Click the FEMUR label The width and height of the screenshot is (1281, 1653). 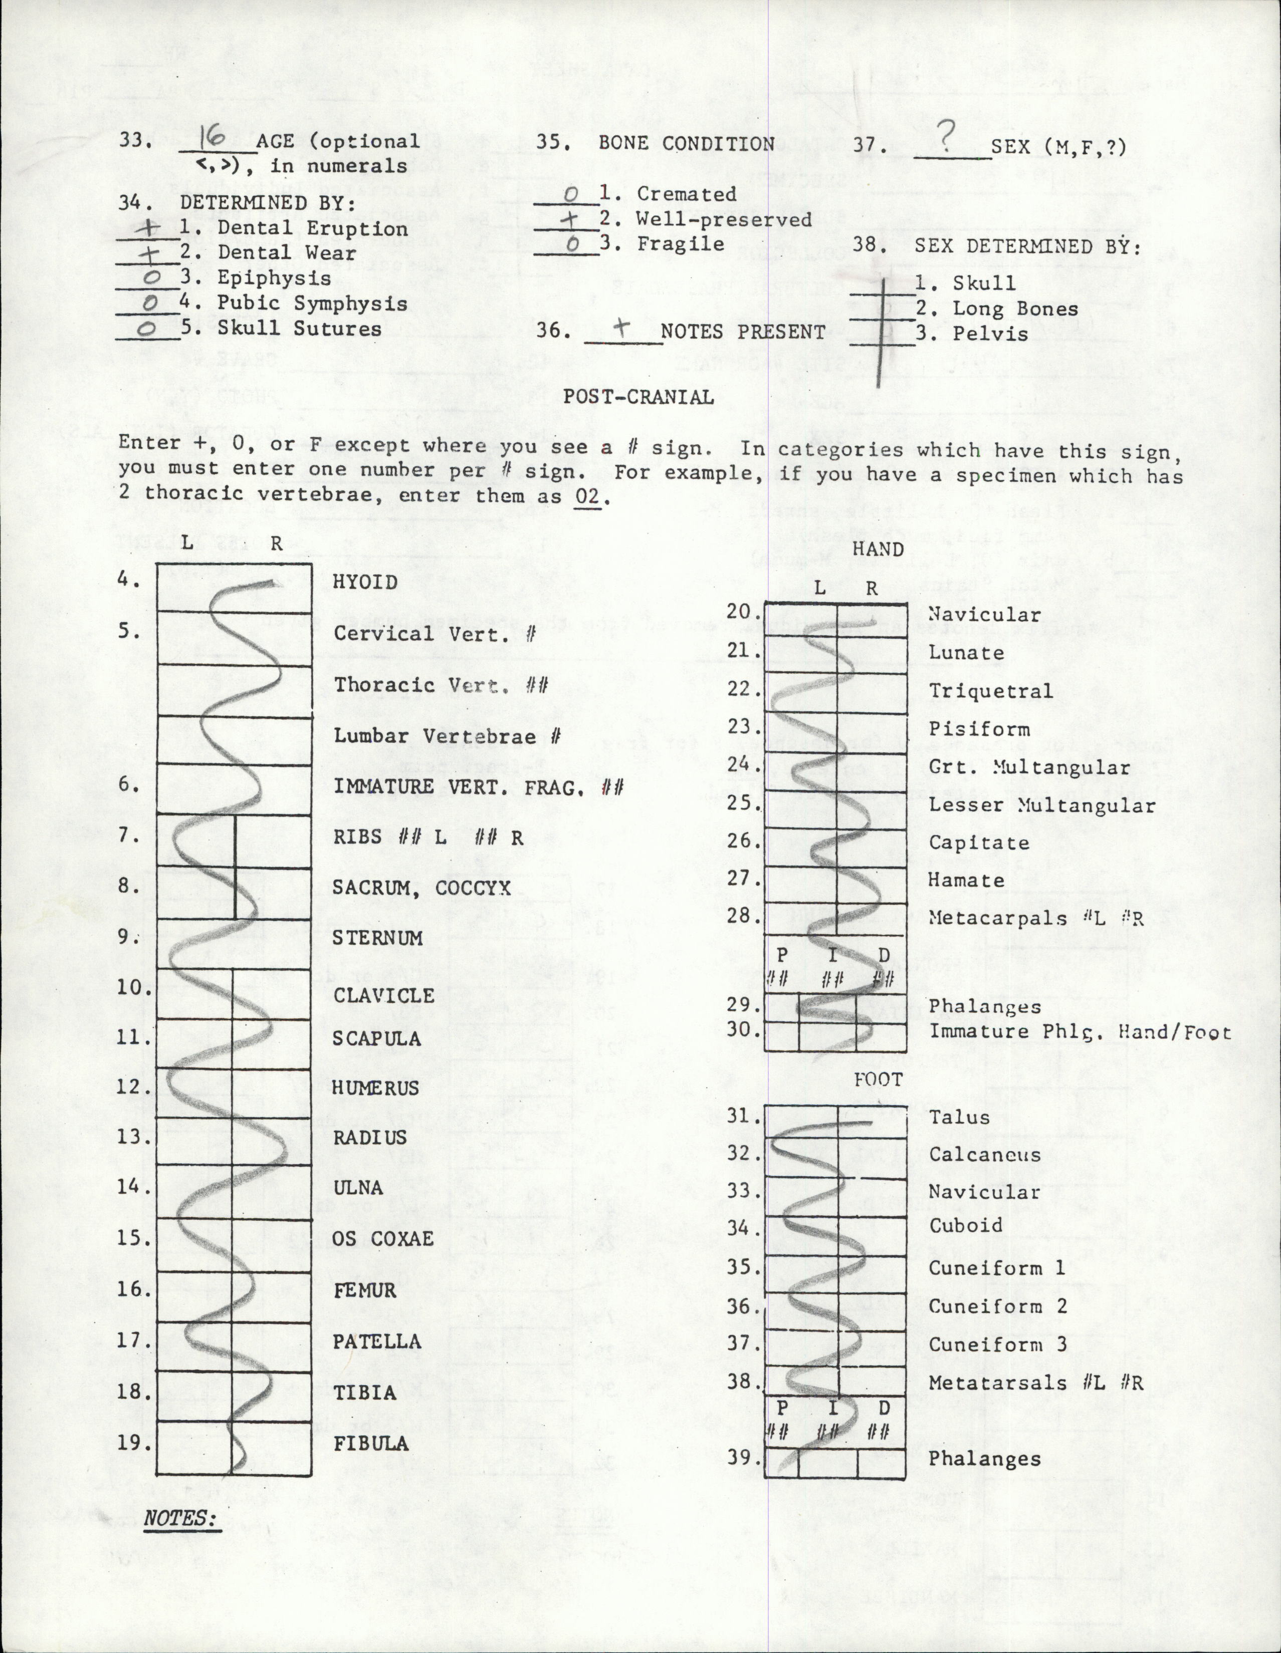364,1290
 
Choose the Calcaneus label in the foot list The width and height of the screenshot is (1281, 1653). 984,1154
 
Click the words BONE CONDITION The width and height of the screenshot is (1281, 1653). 686,143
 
